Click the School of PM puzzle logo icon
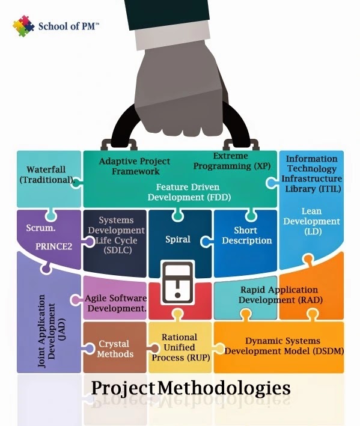(x=23, y=26)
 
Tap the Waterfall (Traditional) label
(x=46, y=174)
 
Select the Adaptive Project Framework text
(x=134, y=166)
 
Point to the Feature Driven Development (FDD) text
(x=188, y=192)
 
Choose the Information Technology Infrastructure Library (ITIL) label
(x=311, y=174)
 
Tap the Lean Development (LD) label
(x=311, y=221)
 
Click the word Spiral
(x=177, y=239)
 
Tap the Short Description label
(x=247, y=236)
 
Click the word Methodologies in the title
(x=224, y=388)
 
